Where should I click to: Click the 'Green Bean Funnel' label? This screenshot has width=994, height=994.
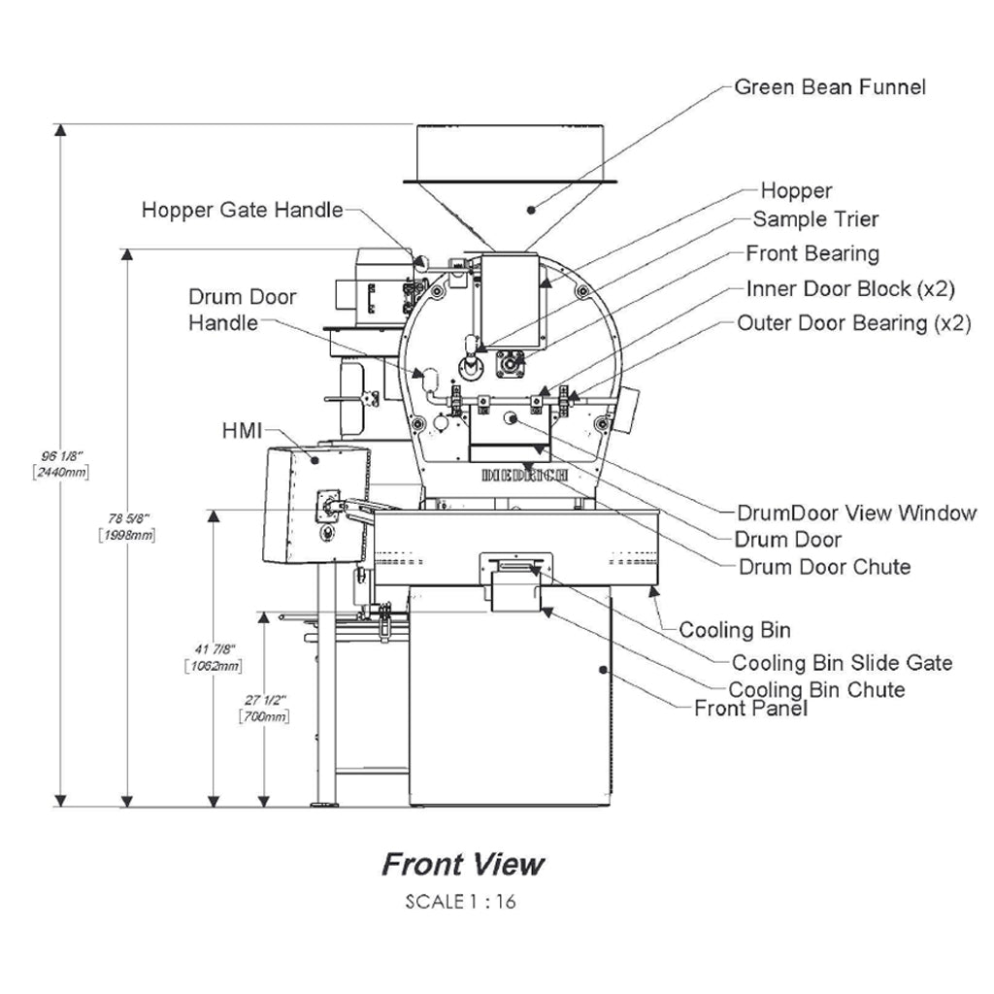(830, 86)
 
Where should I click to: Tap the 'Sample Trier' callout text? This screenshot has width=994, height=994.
(815, 219)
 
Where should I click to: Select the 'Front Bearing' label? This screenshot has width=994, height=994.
(812, 253)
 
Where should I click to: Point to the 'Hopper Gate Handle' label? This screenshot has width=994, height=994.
(242, 210)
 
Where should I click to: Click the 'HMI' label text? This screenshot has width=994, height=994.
(242, 431)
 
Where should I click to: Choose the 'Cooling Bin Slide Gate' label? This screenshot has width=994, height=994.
(842, 663)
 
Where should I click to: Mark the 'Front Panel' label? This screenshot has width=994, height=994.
(750, 708)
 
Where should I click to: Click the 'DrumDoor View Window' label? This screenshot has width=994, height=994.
(856, 513)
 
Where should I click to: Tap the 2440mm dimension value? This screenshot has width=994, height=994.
(61, 473)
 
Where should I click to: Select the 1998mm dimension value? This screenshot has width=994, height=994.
(127, 536)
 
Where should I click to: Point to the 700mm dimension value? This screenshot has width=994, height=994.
(264, 717)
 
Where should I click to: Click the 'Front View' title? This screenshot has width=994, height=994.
(463, 865)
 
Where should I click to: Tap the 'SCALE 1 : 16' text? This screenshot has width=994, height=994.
(461, 902)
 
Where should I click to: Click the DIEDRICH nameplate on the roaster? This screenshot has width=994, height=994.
(524, 475)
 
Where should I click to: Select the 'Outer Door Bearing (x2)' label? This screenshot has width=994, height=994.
(854, 323)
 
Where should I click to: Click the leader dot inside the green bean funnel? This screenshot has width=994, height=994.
(531, 210)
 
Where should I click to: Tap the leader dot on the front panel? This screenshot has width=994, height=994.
(603, 670)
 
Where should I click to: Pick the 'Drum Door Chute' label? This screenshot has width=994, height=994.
(824, 567)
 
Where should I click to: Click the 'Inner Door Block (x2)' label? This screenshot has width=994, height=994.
(850, 289)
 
